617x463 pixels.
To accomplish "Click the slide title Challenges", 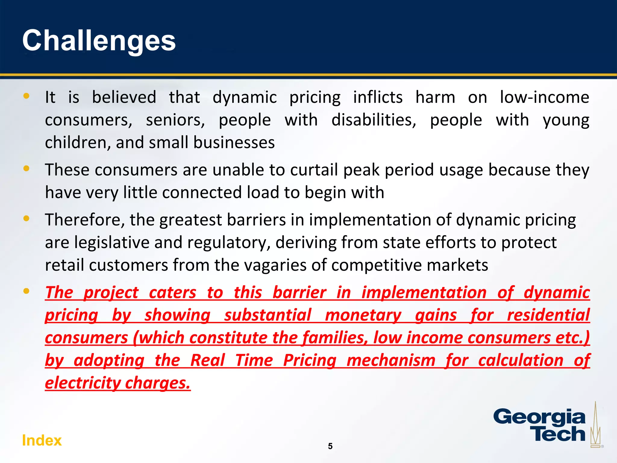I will pyautogui.click(x=99, y=41).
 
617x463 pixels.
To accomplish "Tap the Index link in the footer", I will pyautogui.click(x=42, y=441).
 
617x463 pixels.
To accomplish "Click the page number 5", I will pyautogui.click(x=330, y=446).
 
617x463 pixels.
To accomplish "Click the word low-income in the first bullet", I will pyautogui.click(x=544, y=98).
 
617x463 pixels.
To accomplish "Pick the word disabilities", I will pyautogui.click(x=374, y=120).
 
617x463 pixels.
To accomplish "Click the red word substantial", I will pyautogui.click(x=268, y=315).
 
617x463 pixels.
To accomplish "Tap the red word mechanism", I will pyautogui.click(x=391, y=361).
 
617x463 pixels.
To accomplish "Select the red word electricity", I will pyautogui.click(x=83, y=383).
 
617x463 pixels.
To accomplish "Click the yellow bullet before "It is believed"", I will pyautogui.click(x=27, y=96).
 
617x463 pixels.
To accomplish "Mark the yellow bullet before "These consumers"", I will pyautogui.click(x=27, y=169).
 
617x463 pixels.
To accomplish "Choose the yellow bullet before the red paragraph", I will pyautogui.click(x=27, y=291).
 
